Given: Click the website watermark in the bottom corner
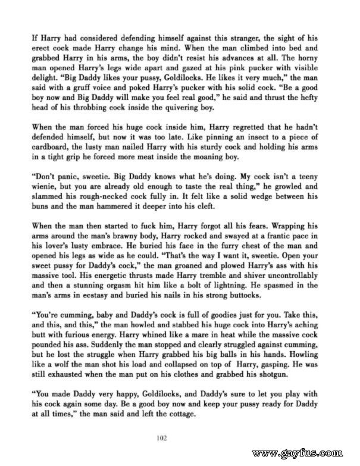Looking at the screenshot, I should (305, 454).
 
